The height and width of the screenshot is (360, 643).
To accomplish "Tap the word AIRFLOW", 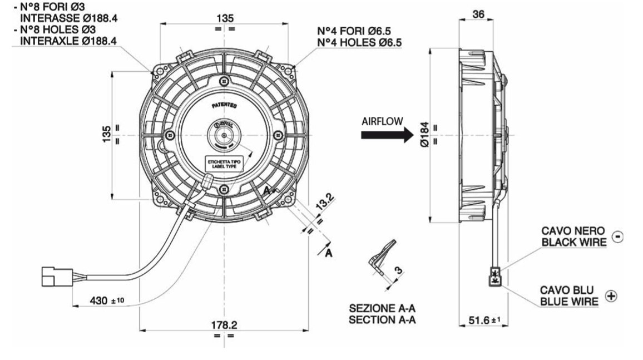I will [x=381, y=121].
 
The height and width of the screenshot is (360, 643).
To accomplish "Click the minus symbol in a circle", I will [x=617, y=236].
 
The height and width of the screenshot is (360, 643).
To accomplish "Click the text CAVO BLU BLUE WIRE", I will [x=570, y=295].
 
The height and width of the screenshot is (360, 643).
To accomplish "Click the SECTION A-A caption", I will [x=382, y=319].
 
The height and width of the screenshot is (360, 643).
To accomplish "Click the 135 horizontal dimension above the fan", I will [x=224, y=18].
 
